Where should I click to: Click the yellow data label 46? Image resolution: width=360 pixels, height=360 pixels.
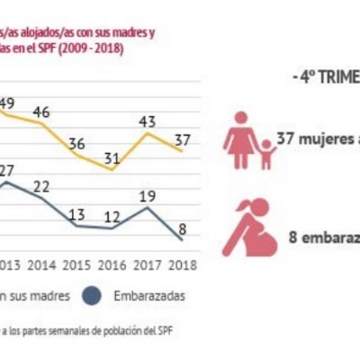(x=41, y=112)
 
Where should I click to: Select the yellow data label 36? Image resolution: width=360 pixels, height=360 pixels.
(x=77, y=144)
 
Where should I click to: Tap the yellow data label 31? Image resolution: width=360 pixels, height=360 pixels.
(x=112, y=159)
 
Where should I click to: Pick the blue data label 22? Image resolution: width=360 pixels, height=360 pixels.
(x=41, y=186)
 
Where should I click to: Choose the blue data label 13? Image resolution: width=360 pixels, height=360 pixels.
(x=77, y=214)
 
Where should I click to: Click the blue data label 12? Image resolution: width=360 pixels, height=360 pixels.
(x=112, y=216)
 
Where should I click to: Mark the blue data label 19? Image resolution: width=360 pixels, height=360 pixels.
(x=148, y=196)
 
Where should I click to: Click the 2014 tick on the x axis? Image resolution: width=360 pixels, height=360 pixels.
(x=41, y=265)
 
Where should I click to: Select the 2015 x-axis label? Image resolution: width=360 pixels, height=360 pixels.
(x=77, y=265)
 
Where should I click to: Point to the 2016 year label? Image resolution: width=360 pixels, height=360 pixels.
(x=112, y=265)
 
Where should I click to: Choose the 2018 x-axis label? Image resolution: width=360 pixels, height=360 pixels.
(x=183, y=265)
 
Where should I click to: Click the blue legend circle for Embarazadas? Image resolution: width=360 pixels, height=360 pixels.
(x=90, y=296)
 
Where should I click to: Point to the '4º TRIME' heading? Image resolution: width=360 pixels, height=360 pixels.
(x=325, y=77)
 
